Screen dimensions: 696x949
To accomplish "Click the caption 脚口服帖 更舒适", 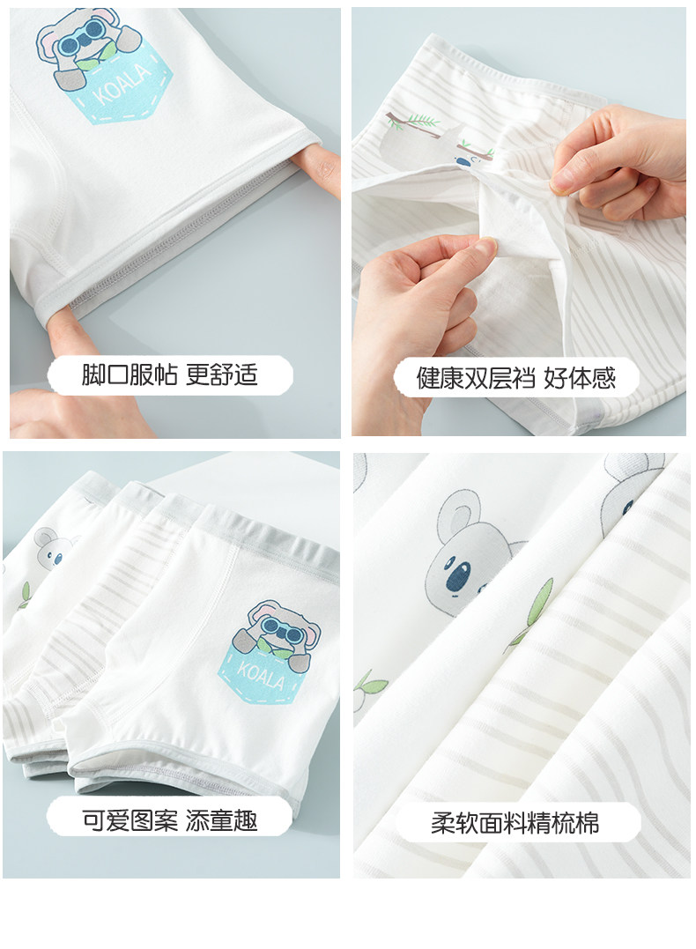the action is point(170,375).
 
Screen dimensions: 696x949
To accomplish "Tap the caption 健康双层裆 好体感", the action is point(515,378).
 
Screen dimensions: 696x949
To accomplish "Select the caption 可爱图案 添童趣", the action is point(170,820).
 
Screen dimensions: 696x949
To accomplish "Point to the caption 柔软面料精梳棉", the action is point(515,823).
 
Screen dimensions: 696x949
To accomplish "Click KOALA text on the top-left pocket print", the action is point(122,85).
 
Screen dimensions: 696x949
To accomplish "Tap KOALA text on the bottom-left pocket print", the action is point(261,675).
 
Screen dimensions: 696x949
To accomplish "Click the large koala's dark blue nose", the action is point(458,575).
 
